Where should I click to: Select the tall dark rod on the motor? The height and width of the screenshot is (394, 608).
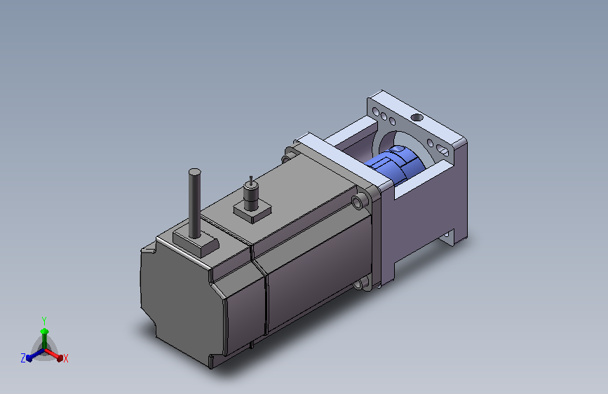pos(195,203)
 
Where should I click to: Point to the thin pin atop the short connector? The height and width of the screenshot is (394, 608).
pos(251,180)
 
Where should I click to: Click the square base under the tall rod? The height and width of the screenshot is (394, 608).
pos(196,243)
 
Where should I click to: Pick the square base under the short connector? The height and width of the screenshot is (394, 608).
pos(252,212)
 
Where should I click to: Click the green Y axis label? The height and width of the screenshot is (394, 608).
pos(44,321)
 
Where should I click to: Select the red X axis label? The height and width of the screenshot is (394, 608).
pos(66,358)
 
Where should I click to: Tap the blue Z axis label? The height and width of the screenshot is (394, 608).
pos(23,358)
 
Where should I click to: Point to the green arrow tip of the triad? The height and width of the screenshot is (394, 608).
pos(44,331)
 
